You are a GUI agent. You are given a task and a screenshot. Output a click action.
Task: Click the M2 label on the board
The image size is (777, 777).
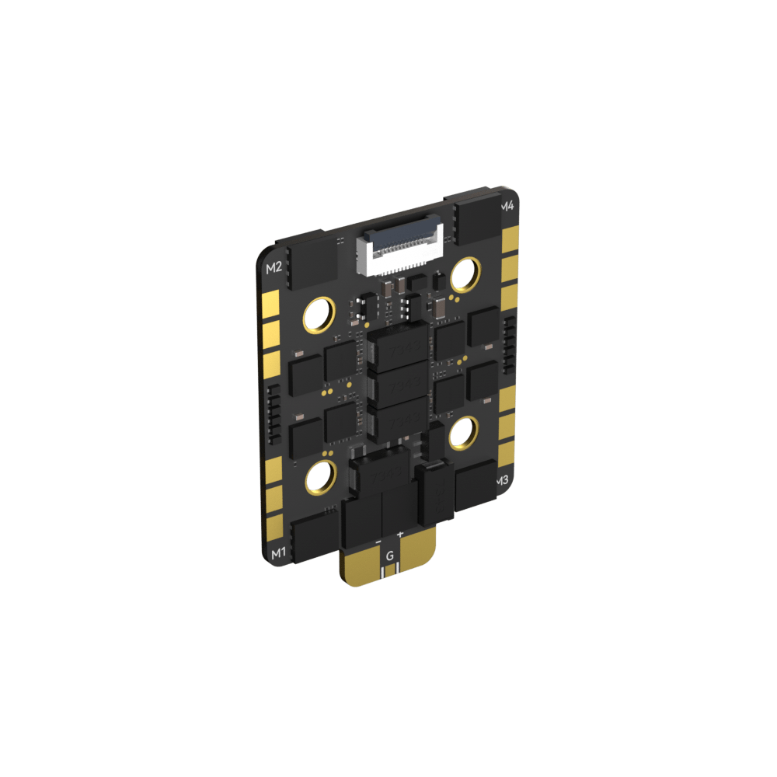pyautogui.click(x=274, y=269)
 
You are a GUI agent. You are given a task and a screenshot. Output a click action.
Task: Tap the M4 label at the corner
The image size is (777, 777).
pyautogui.click(x=507, y=207)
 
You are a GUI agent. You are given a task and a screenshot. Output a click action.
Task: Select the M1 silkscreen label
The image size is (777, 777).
pyautogui.click(x=277, y=553)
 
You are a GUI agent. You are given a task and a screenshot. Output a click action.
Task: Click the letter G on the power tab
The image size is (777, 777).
pyautogui.click(x=390, y=556)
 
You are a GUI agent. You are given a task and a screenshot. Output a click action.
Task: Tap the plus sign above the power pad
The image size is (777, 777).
pyautogui.click(x=400, y=535)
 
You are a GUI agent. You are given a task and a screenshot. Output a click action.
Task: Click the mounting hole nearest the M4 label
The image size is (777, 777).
pyautogui.click(x=466, y=272)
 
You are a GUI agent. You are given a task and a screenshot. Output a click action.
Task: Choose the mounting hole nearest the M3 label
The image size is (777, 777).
pyautogui.click(x=464, y=432)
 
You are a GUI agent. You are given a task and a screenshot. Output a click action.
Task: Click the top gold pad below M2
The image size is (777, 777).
pyautogui.click(x=271, y=302)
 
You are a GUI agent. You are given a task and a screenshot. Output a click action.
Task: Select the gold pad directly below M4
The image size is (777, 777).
pyautogui.click(x=510, y=237)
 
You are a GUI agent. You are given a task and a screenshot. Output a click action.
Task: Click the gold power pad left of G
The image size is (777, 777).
pyautogui.click(x=361, y=566)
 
